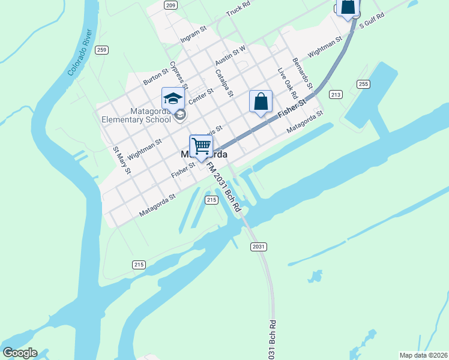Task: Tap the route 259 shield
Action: (102, 50)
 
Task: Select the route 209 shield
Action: (170, 5)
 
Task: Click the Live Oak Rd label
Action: (288, 83)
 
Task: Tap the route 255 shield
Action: (363, 84)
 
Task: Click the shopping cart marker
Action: (201, 146)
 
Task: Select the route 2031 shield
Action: (258, 247)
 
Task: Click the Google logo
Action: (20, 353)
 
